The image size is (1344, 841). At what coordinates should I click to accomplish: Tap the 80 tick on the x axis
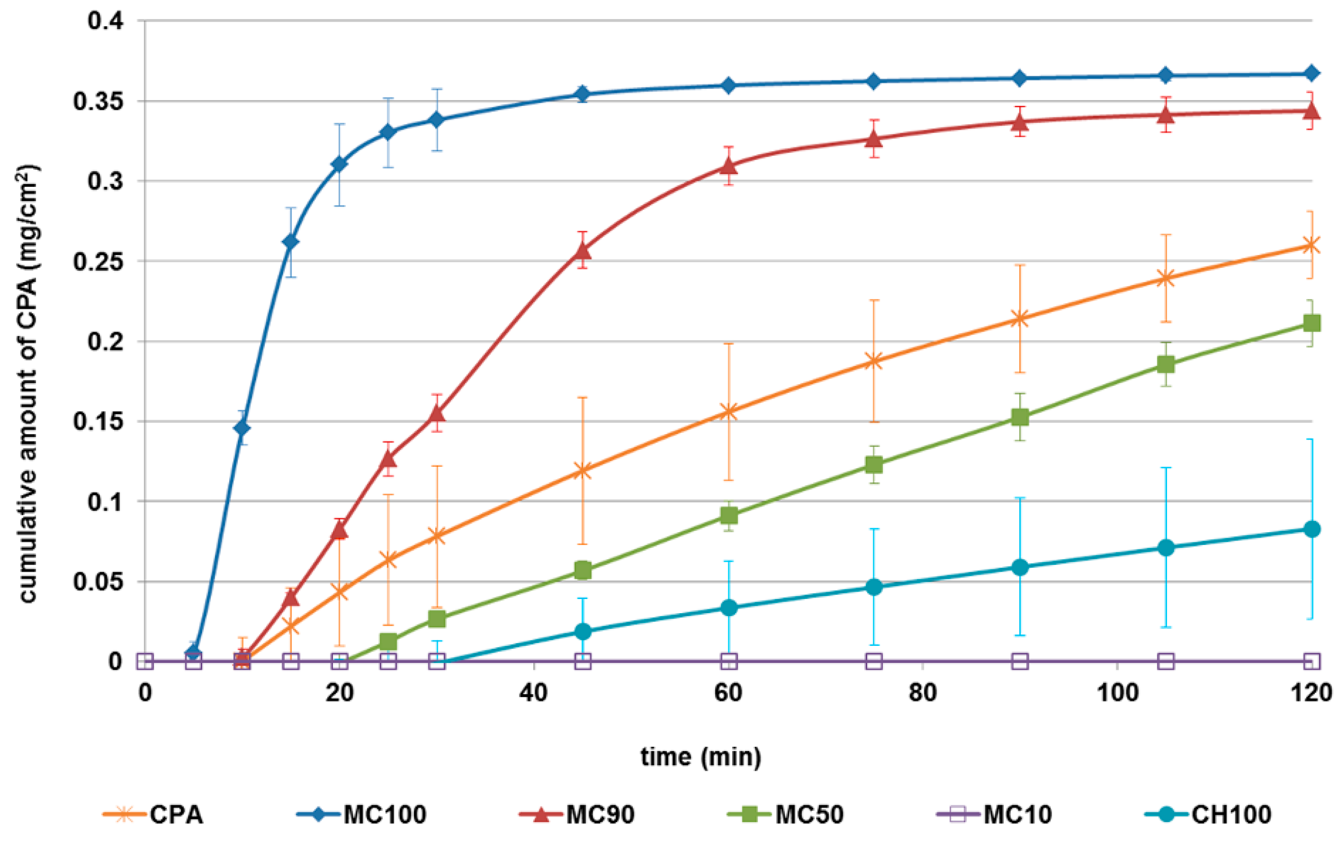click(923, 693)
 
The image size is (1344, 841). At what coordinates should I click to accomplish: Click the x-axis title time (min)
click(701, 757)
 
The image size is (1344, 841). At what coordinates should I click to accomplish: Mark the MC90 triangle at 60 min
click(729, 166)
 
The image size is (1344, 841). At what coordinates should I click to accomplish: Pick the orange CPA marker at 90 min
click(1019, 319)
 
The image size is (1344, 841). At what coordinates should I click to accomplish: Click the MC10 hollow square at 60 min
click(729, 661)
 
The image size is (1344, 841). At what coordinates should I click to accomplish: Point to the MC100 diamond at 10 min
click(242, 428)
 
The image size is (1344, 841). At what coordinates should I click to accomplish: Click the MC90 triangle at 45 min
click(583, 251)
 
